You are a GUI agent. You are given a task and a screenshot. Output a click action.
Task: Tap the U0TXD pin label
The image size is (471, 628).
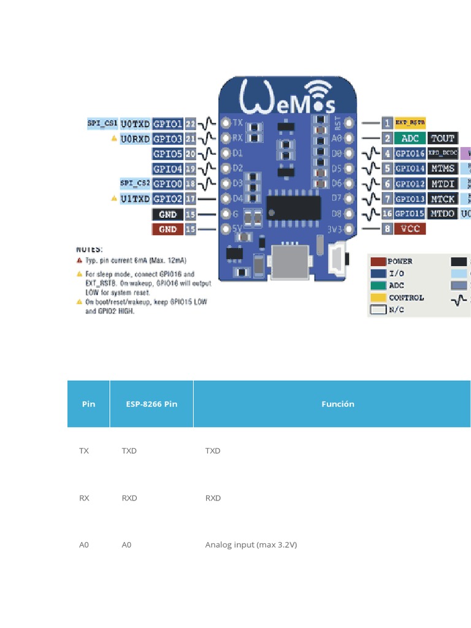pyautogui.click(x=135, y=124)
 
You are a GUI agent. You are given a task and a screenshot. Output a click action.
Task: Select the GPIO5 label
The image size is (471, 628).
pyautogui.click(x=167, y=154)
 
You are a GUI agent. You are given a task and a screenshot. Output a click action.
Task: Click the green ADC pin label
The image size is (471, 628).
pyautogui.click(x=410, y=139)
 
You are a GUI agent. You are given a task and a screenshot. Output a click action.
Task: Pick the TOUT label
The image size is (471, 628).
pyautogui.click(x=443, y=139)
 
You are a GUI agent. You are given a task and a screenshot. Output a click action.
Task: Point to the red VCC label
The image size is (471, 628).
pyautogui.click(x=410, y=229)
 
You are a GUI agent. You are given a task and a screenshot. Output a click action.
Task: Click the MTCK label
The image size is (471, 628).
pyautogui.click(x=443, y=199)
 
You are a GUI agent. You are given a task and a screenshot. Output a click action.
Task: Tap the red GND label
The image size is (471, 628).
pyautogui.click(x=167, y=229)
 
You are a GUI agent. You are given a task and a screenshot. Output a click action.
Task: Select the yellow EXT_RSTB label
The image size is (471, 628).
pyautogui.click(x=410, y=123)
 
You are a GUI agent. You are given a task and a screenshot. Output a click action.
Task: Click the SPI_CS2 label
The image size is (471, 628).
pyautogui.click(x=134, y=183)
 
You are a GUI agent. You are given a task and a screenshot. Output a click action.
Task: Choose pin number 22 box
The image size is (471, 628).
pyautogui.click(x=190, y=124)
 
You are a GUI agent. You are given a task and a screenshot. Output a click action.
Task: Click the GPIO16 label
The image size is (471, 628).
pyautogui.click(x=410, y=153)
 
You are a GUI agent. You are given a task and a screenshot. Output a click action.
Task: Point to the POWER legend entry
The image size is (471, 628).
pyautogui.click(x=400, y=261)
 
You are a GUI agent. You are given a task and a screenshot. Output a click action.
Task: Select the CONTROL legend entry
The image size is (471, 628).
pyautogui.click(x=406, y=298)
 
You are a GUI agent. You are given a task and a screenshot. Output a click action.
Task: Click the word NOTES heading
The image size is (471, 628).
pyautogui.click(x=90, y=250)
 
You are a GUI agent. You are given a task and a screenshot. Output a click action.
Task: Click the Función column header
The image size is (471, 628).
pyautogui.click(x=337, y=404)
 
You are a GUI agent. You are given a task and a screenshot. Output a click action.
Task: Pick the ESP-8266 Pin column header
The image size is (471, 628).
pyautogui.click(x=151, y=404)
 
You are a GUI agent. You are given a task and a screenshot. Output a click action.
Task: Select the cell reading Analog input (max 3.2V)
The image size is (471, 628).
pyautogui.click(x=251, y=545)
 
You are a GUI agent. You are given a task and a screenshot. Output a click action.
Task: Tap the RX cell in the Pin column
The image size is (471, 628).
pyautogui.click(x=85, y=498)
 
